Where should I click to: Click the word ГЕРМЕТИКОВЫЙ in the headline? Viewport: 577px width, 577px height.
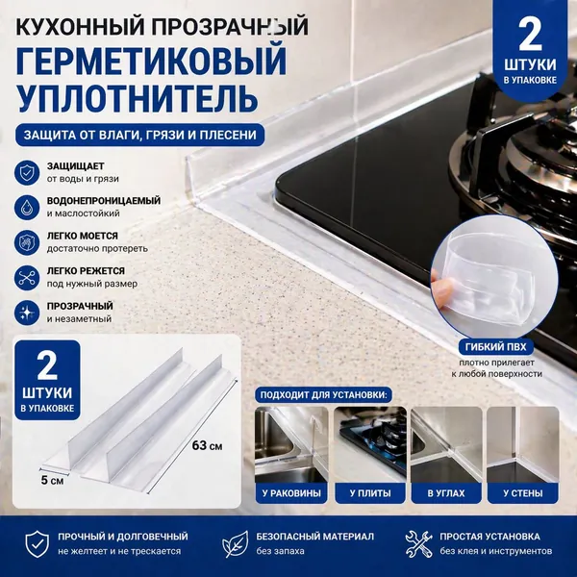point(151,60)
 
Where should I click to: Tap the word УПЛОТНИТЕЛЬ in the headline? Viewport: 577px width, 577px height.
point(137,96)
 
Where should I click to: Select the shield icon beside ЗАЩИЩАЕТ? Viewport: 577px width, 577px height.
point(27,172)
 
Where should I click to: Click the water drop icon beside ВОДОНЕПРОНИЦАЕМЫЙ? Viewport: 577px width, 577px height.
point(27,207)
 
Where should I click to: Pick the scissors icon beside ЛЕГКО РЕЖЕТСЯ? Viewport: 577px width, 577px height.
point(27,278)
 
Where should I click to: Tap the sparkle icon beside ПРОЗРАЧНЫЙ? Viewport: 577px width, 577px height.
point(27,313)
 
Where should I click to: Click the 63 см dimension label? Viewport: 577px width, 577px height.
point(207,445)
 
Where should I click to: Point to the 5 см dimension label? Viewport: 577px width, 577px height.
point(52,480)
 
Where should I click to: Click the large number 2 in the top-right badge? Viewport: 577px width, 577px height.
point(530,35)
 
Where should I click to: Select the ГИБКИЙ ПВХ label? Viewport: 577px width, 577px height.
point(495,346)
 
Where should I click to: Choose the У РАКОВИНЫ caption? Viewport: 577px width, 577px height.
point(291,493)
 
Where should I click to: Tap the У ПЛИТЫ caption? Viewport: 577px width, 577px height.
point(370,493)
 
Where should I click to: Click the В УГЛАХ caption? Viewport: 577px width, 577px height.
point(446,493)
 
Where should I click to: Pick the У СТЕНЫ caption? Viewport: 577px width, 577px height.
point(523,493)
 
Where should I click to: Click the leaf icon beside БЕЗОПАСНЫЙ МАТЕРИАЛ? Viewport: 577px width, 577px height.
point(235,544)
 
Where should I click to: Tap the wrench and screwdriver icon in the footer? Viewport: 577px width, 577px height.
point(418,544)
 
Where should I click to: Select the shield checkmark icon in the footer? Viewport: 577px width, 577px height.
point(37,544)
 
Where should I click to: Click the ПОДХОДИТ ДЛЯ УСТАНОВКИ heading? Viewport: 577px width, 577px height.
point(324,395)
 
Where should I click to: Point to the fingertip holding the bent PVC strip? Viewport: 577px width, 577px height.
point(443,287)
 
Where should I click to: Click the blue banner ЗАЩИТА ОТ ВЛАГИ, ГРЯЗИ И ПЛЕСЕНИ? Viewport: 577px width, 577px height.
point(139,135)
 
